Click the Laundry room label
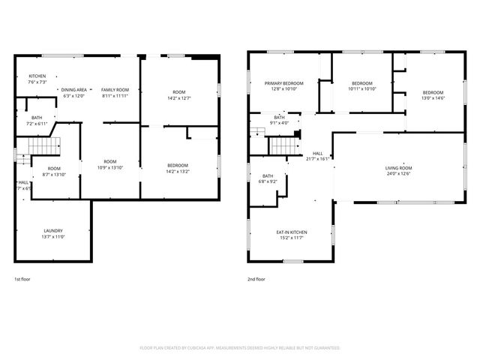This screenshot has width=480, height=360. tap(52, 231)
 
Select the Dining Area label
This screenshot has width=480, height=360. tap(74, 89)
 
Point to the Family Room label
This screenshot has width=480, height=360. tap(115, 89)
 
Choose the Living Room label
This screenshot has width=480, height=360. tap(397, 168)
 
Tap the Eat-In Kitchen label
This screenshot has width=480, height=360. tap(292, 232)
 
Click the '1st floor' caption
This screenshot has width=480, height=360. tap(22, 279)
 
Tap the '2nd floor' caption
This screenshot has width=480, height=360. tap(256, 279)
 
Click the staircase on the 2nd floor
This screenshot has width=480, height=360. tap(280, 144)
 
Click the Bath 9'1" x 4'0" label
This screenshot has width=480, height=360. tap(280, 120)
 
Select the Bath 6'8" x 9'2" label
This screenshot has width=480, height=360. tap(268, 178)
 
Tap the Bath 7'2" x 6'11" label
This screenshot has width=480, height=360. tap(37, 119)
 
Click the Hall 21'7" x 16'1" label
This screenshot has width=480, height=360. tap(318, 155)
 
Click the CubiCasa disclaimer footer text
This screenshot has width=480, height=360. tap(240, 348)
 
